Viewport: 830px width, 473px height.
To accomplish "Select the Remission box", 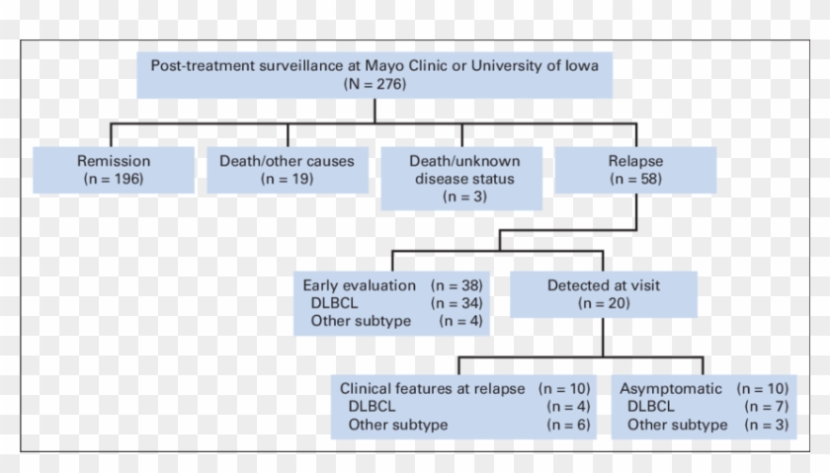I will pyautogui.click(x=114, y=169).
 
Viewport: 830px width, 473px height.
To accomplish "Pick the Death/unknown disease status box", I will pyautogui.click(x=461, y=178).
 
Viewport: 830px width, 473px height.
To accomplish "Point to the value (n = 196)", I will pyautogui.click(x=114, y=179).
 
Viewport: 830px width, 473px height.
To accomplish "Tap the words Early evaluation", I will pyautogui.click(x=359, y=285).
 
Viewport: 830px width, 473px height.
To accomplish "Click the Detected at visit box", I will pyautogui.click(x=604, y=294).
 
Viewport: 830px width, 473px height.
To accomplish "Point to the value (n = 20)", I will pyautogui.click(x=604, y=303).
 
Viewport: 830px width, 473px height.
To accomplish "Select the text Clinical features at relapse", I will pyautogui.click(x=432, y=389).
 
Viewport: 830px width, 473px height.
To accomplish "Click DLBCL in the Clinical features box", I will pyautogui.click(x=371, y=407).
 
